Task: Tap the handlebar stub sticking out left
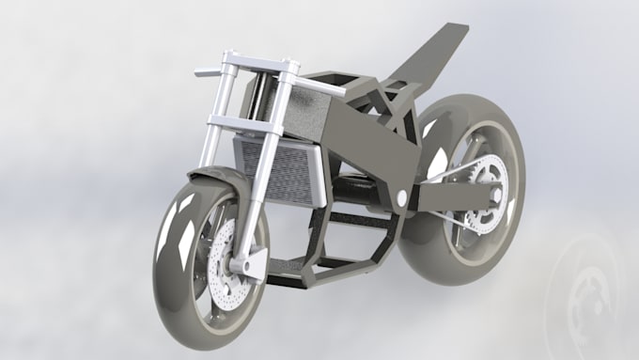(207, 70)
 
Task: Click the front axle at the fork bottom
(252, 268)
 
